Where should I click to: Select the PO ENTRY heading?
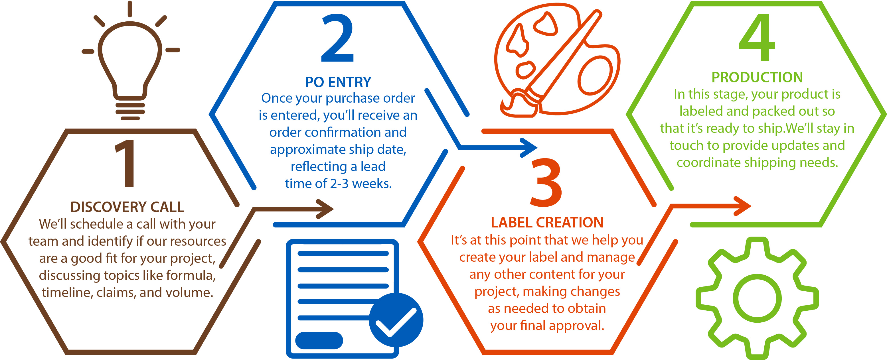tap(338, 82)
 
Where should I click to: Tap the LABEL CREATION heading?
tap(547, 223)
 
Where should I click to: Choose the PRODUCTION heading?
tap(757, 78)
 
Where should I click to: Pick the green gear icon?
tap(757, 298)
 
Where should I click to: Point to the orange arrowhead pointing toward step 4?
tap(742, 206)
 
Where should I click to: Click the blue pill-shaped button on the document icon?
tap(319, 340)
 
